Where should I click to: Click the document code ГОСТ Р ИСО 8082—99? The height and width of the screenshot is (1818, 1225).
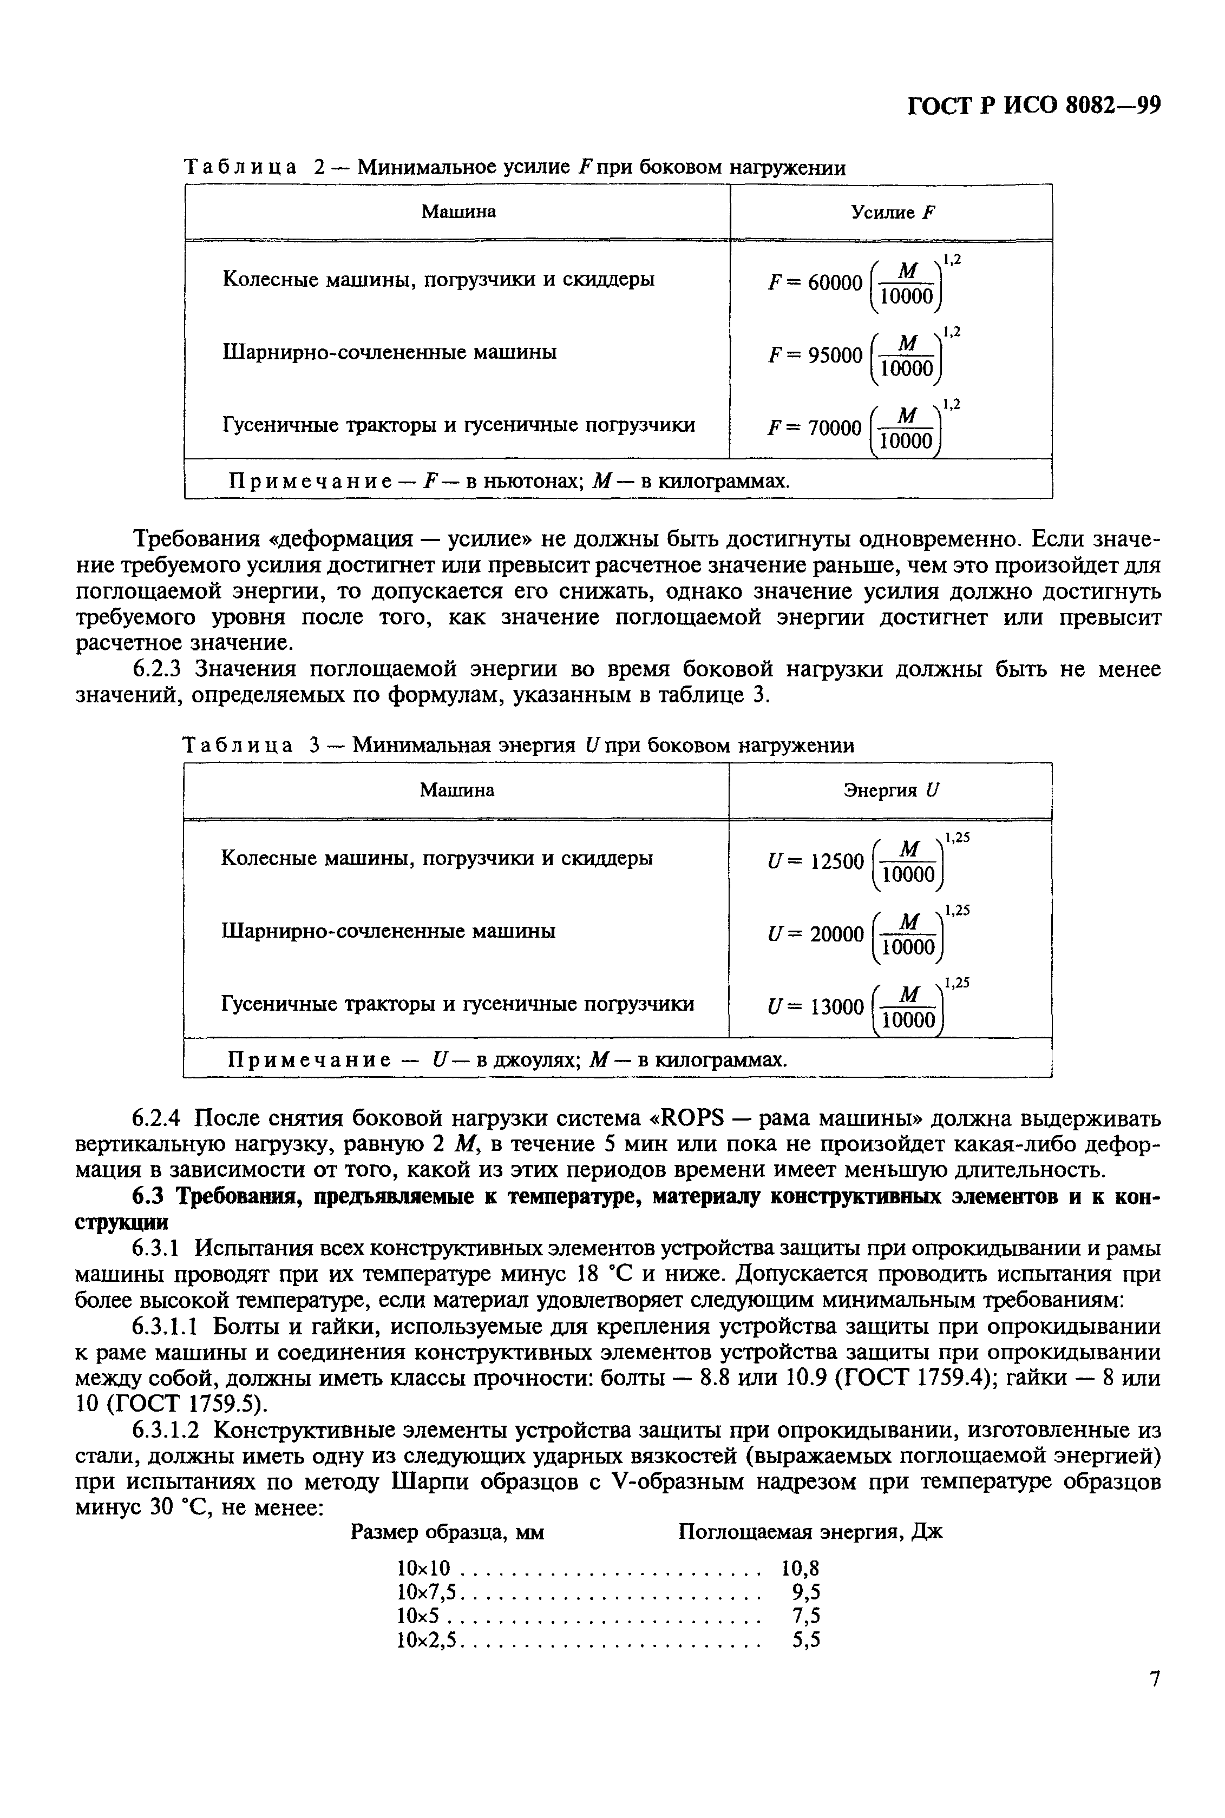click(x=1033, y=106)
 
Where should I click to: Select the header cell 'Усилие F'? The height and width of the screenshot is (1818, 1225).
click(x=892, y=213)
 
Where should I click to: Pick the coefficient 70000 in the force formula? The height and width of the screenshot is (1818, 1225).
click(x=834, y=428)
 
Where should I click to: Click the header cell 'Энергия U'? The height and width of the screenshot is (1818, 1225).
click(x=892, y=791)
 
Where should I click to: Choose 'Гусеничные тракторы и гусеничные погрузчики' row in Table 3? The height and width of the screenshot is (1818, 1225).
click(x=458, y=1004)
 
